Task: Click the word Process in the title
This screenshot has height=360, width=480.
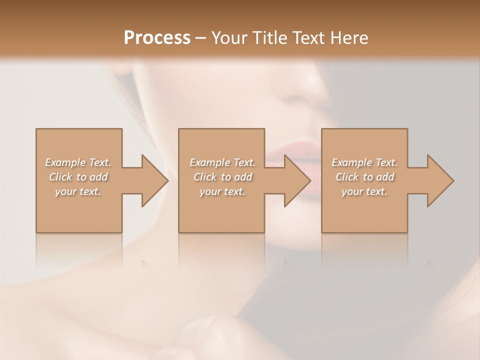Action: click(157, 38)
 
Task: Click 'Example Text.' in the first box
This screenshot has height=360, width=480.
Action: click(78, 162)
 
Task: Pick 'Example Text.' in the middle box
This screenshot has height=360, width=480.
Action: click(222, 162)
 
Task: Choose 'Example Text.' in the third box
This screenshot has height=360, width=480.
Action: click(364, 162)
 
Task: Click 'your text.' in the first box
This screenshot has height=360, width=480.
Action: click(78, 191)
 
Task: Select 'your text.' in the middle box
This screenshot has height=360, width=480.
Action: click(222, 191)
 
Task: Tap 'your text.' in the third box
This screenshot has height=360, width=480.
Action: click(364, 191)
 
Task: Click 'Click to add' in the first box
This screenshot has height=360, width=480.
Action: click(78, 177)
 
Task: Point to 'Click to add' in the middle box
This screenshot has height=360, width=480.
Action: click(222, 177)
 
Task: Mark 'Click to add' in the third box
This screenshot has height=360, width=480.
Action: click(364, 177)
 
